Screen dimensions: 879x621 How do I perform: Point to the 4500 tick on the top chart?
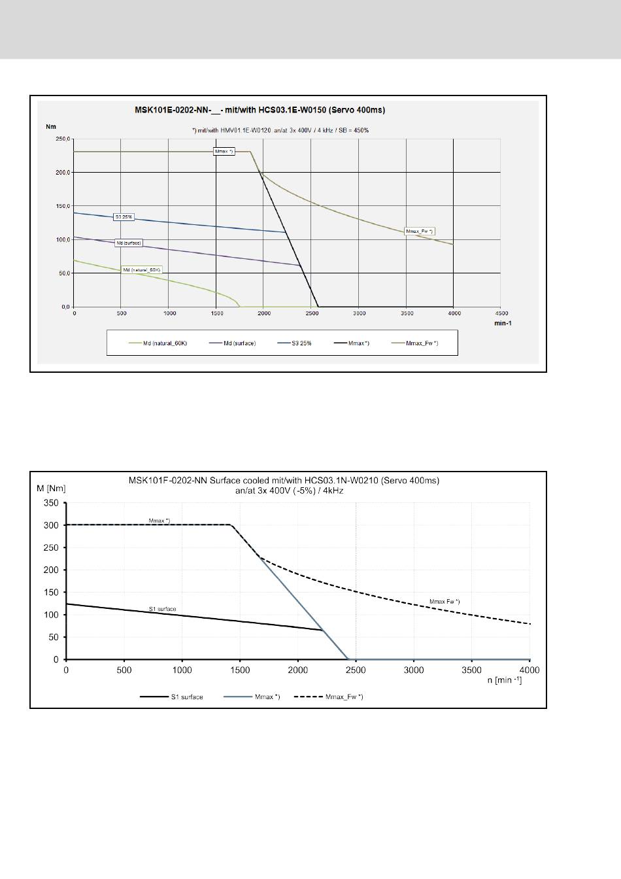pos(501,313)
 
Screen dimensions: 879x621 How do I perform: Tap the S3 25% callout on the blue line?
pos(124,216)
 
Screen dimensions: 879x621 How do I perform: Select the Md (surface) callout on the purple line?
pos(129,243)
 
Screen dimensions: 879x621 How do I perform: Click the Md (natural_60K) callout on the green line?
pos(142,269)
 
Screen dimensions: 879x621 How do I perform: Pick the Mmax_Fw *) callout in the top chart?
pos(420,232)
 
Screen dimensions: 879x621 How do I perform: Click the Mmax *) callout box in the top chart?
pos(224,152)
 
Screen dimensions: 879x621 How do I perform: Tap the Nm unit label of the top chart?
pos(50,127)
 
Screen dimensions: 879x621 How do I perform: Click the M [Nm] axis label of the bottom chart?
pos(51,487)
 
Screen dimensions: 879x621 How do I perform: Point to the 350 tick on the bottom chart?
pos(51,503)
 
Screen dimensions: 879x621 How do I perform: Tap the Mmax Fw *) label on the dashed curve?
pos(444,600)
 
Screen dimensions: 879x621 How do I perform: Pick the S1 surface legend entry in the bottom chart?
pos(187,697)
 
